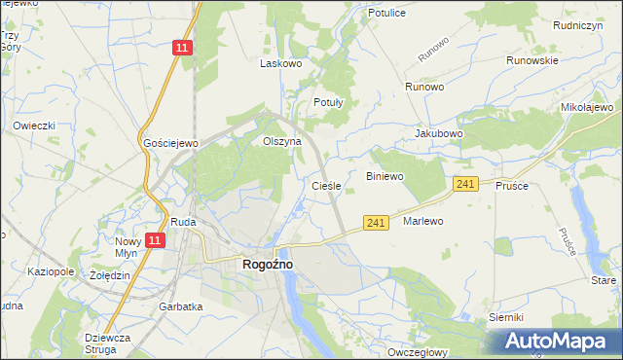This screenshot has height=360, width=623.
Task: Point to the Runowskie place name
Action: coord(531,60)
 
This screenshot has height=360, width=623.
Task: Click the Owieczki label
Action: coord(34,126)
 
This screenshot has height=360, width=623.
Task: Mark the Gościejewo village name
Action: coord(170,143)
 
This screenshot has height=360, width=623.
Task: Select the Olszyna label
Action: coord(282,141)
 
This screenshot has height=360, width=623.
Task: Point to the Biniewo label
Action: coord(384,176)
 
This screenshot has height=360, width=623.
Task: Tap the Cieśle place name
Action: coord(325,185)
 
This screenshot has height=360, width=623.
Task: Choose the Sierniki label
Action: coord(507,318)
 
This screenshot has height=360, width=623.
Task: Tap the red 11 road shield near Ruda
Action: coord(154,239)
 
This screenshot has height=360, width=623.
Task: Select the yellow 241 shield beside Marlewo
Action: coord(378,223)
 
